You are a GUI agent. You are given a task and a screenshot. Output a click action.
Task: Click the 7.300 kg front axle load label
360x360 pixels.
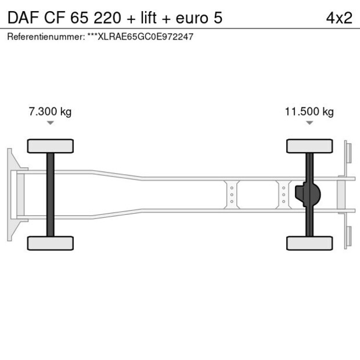[x=50, y=111]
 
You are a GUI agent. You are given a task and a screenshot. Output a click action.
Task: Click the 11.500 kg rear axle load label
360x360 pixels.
[x=309, y=111]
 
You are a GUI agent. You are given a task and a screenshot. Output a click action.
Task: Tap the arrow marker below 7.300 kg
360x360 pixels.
[x=51, y=123]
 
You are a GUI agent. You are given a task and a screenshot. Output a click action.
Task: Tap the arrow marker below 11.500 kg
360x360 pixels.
[x=309, y=123]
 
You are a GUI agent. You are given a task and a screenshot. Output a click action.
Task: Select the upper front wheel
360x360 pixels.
[x=51, y=146]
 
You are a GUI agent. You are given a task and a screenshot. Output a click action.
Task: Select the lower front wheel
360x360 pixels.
[x=51, y=243]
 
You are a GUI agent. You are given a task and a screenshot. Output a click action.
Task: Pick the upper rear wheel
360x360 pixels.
[x=309, y=146]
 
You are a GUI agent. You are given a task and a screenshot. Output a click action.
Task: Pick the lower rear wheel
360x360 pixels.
[x=309, y=243]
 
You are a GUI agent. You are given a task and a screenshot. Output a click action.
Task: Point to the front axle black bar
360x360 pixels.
[x=51, y=195]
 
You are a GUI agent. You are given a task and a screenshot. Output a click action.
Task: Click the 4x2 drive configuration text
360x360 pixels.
[x=339, y=17]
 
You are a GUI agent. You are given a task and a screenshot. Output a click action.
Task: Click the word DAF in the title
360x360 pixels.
[x=20, y=17]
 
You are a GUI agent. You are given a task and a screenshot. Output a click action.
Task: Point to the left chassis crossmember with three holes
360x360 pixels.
[x=232, y=195]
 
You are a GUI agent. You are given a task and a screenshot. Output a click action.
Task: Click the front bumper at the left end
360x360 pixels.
[x=10, y=195]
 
